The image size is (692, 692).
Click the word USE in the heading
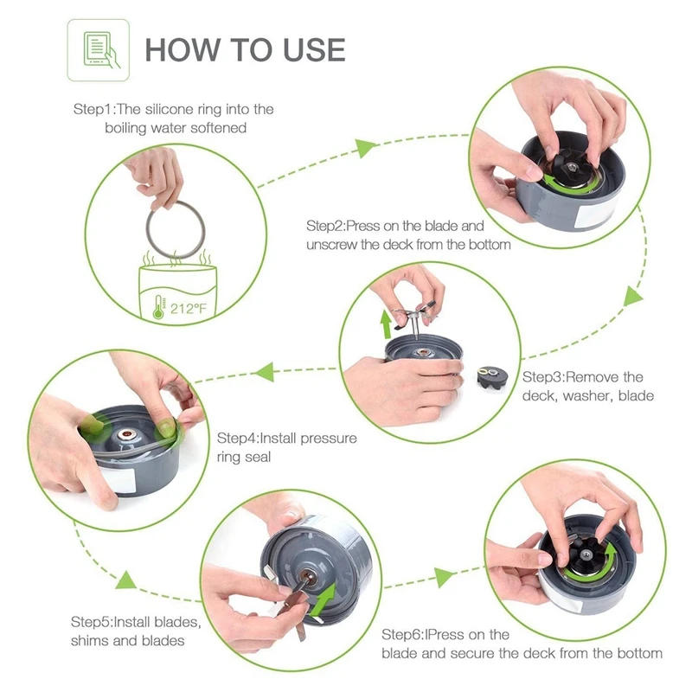[314, 50]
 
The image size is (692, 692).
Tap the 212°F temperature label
[188, 308]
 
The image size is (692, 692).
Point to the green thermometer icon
[158, 307]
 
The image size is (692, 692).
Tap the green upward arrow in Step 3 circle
[386, 324]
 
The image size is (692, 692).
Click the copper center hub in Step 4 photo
[126, 435]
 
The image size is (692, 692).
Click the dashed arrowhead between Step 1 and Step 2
[366, 148]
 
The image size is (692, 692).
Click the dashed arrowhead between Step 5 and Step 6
[444, 577]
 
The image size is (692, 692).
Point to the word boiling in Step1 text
[125, 128]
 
